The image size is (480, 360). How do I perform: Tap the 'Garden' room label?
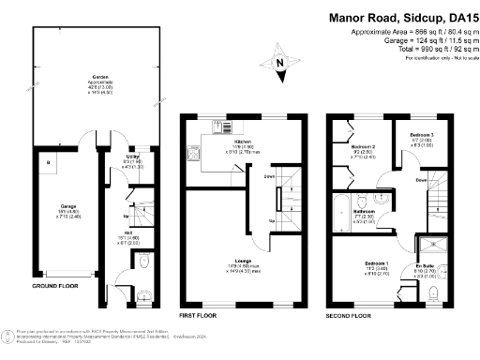pos(96,78)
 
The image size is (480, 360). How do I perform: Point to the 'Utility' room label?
pos(136,157)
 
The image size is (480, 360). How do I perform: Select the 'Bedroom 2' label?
pos(364,147)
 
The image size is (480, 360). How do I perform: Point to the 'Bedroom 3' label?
pos(421,135)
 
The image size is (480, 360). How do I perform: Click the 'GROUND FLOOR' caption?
pos(54,285)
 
